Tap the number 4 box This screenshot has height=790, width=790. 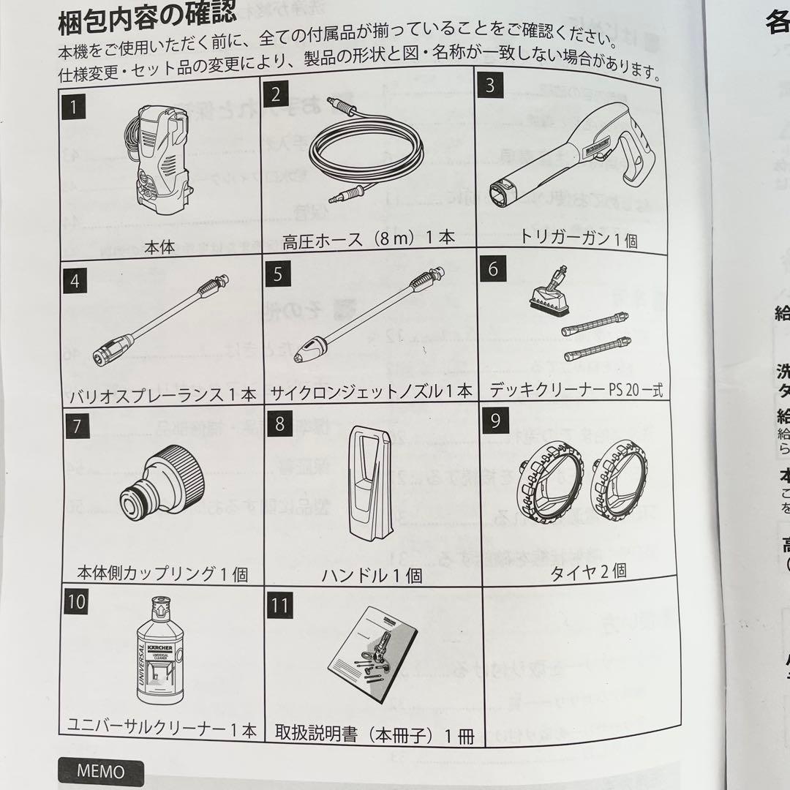click(x=75, y=280)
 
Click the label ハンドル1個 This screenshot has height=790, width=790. click(x=372, y=574)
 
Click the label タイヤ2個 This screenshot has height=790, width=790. click(x=588, y=571)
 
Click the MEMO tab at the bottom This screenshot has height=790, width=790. click(x=100, y=771)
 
